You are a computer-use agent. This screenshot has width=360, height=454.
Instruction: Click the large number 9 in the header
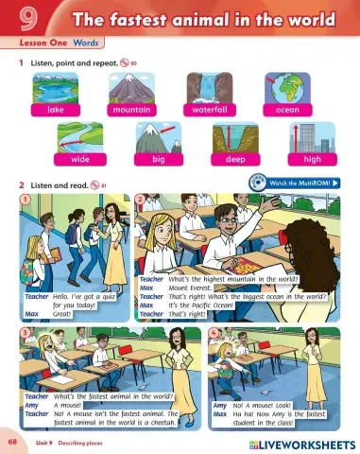point(22,20)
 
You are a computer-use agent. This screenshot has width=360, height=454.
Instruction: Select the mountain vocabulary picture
point(135,88)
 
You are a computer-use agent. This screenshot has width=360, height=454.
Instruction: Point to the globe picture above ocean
point(287,88)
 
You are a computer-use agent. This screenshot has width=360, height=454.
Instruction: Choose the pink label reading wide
point(80,160)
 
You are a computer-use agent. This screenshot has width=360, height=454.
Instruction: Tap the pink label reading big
point(157,160)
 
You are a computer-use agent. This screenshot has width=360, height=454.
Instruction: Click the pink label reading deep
point(235,160)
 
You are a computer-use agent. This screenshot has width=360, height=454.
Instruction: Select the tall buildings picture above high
point(312,136)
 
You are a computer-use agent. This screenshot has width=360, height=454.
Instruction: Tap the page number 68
point(12,442)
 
